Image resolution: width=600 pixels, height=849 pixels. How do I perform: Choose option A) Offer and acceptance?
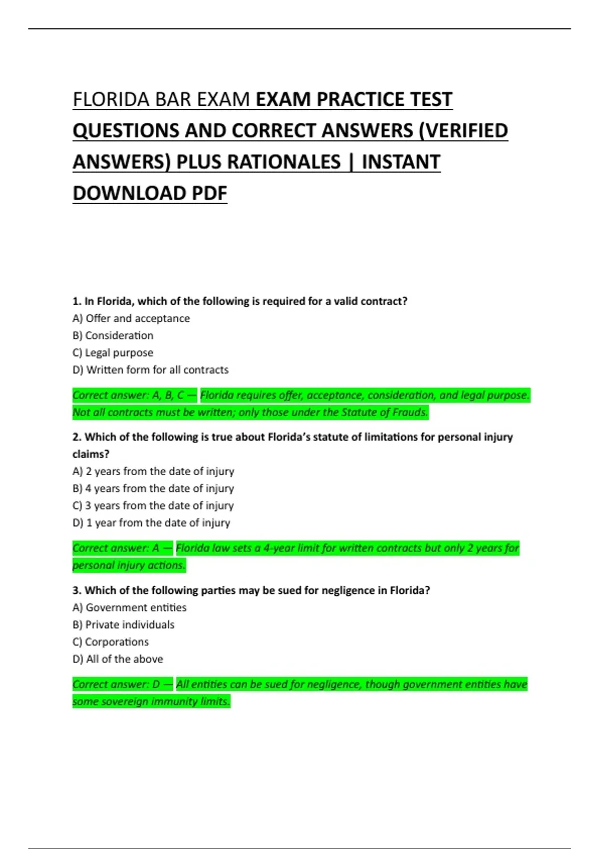(131, 318)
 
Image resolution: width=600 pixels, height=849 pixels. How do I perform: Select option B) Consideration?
(113, 335)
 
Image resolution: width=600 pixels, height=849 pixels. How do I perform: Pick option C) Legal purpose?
(113, 353)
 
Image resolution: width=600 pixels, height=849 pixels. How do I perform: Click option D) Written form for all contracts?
(150, 370)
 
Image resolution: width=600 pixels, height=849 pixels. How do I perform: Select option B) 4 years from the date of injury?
(153, 488)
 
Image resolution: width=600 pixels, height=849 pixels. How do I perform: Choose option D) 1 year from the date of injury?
(151, 523)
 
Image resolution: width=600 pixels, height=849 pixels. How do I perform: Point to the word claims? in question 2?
(91, 454)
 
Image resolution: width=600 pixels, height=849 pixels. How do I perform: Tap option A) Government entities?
(129, 607)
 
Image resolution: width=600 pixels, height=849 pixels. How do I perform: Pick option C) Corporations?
(110, 642)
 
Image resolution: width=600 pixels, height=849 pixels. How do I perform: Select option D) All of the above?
(118, 659)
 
